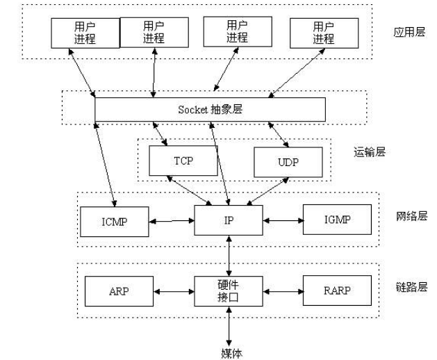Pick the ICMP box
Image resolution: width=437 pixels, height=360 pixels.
[113, 222]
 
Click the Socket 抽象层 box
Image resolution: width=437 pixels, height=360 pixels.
[210, 110]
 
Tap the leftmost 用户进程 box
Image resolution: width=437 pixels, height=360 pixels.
[85, 31]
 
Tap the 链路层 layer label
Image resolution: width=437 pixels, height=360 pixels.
[410, 287]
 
